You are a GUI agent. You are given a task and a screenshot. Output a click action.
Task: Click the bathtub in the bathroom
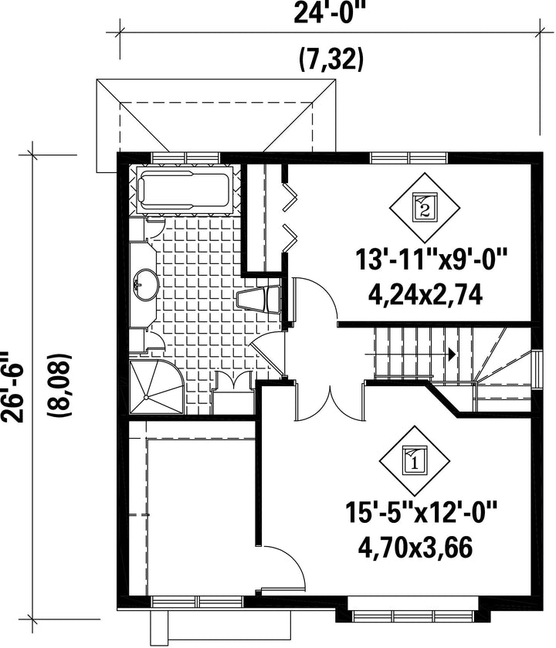click(x=184, y=191)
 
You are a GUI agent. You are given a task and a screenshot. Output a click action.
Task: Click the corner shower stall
click(x=157, y=387)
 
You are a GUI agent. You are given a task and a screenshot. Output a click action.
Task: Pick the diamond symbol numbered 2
click(x=425, y=208)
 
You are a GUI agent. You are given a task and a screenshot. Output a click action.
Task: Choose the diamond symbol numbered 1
click(x=415, y=460)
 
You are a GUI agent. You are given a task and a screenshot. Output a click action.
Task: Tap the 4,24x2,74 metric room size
click(x=425, y=295)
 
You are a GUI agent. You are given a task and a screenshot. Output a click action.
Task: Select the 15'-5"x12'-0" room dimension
click(x=421, y=512)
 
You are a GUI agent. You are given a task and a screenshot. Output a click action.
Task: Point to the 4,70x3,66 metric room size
click(x=415, y=548)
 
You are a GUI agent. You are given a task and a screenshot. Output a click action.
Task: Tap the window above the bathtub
click(x=185, y=158)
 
